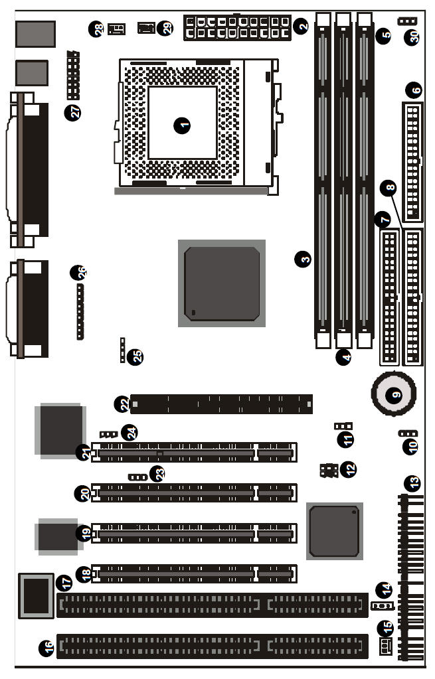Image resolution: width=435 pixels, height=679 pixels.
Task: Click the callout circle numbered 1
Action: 182,125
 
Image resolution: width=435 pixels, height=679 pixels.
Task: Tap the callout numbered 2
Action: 301,26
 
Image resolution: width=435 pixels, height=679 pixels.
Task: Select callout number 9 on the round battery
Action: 394,395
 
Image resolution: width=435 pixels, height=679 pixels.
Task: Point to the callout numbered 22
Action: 123,404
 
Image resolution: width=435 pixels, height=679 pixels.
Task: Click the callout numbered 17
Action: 64,583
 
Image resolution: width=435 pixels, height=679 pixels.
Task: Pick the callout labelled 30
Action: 412,37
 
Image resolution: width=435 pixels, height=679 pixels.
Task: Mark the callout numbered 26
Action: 78,273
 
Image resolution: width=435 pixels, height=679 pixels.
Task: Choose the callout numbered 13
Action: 412,483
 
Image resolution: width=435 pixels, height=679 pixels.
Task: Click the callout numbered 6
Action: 414,90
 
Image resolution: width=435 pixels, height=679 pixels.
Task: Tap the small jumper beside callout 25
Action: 123,350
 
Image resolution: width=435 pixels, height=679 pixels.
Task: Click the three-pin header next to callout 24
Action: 109,434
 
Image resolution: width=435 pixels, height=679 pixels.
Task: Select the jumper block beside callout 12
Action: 329,471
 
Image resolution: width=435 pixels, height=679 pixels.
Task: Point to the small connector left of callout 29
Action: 146,28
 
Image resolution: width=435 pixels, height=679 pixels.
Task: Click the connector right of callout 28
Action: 116,29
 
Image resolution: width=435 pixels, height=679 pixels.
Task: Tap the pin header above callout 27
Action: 73,76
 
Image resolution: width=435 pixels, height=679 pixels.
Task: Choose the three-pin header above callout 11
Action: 343,425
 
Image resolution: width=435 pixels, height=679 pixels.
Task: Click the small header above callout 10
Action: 408,433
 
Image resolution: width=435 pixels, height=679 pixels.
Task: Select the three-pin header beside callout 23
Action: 137,477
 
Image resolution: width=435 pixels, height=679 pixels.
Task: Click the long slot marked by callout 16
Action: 213,646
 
